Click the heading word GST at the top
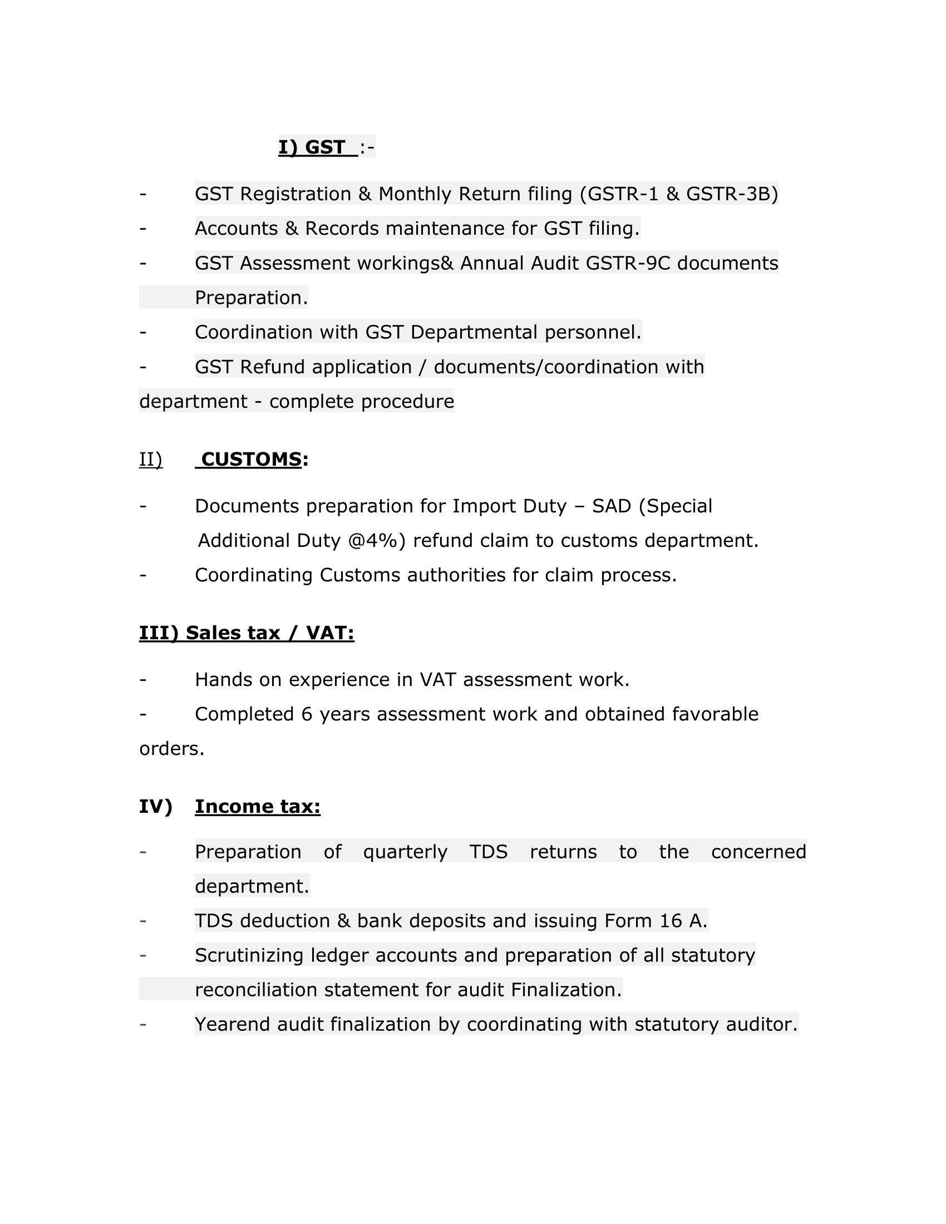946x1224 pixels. (324, 147)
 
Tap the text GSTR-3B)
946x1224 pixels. (732, 194)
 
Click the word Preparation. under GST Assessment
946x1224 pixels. (251, 298)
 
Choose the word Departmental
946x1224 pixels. (474, 332)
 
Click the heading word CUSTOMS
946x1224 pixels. (251, 459)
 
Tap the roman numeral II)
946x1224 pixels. (151, 460)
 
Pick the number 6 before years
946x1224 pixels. (307, 714)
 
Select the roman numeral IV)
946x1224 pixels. (155, 807)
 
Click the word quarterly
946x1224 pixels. (405, 852)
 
